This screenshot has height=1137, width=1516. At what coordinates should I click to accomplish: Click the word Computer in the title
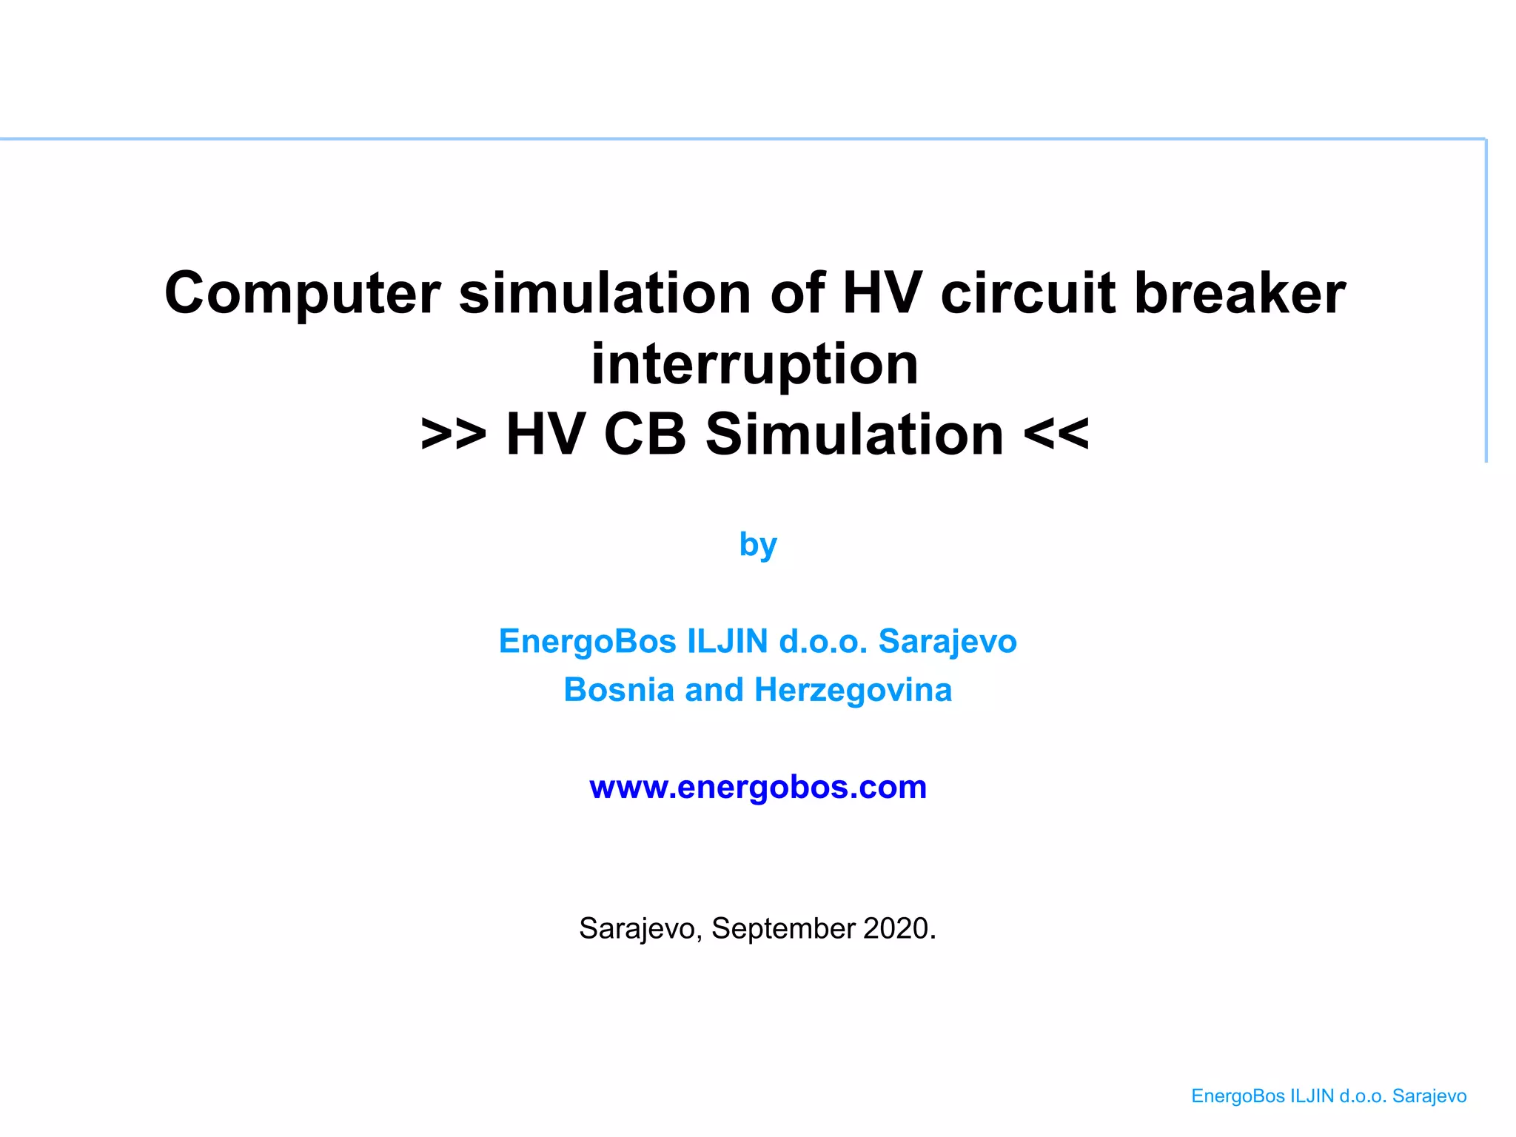coord(302,294)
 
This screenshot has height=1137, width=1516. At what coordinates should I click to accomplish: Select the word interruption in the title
coord(754,364)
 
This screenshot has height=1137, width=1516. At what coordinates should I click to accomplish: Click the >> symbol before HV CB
coord(453,435)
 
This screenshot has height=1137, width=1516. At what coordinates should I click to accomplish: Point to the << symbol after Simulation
coord(1056,435)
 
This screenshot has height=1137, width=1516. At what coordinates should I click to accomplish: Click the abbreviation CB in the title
coord(645,435)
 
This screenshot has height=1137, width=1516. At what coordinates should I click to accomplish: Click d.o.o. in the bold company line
coord(822,641)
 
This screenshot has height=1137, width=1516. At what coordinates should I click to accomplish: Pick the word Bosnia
coord(618,690)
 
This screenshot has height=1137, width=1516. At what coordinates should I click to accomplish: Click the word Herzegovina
coord(853,690)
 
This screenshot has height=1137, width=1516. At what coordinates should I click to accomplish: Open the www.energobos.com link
coord(758,787)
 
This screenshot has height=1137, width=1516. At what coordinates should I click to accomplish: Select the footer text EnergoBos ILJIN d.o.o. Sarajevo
coord(1329,1096)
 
